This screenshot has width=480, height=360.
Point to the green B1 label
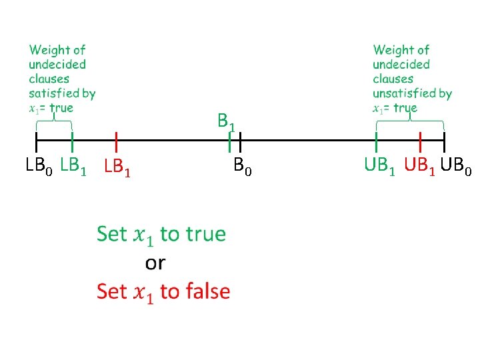[x=227, y=122]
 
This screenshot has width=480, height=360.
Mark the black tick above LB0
[x=36, y=141]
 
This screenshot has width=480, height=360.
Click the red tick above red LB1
[x=116, y=141]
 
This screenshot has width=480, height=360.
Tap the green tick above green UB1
[x=377, y=141]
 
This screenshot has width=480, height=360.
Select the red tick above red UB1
[x=421, y=141]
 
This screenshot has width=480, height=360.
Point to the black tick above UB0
[x=444, y=141]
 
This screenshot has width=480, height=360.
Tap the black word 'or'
[x=155, y=263]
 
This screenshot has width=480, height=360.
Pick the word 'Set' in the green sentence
[x=111, y=234]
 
